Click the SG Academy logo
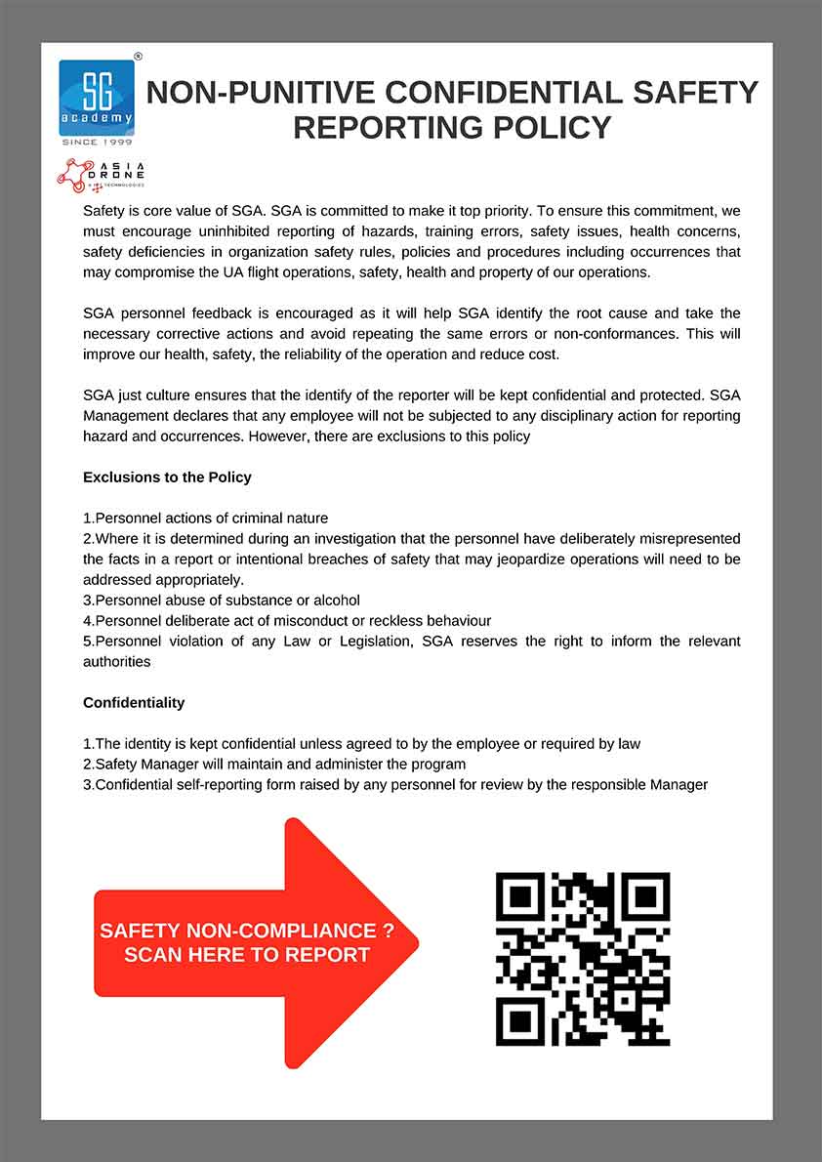coord(97,97)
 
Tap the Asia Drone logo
coord(102,174)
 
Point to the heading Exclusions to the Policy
coord(167,477)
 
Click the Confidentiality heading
coord(134,702)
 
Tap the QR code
coord(583,959)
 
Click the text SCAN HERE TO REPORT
coord(247,955)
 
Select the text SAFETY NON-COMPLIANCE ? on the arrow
coord(247,931)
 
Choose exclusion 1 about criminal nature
coord(206,519)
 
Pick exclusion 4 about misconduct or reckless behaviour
coord(287,620)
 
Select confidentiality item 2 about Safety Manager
coord(274,764)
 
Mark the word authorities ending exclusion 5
coord(116,661)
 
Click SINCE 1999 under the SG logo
coord(97,143)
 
